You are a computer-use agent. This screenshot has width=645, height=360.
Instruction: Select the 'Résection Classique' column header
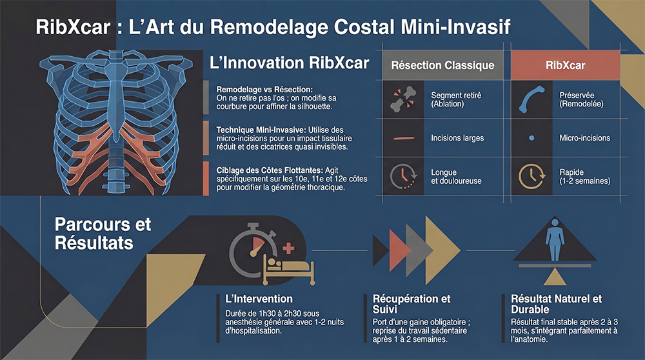tap(442, 65)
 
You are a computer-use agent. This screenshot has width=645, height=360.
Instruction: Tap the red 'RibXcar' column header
tap(565, 65)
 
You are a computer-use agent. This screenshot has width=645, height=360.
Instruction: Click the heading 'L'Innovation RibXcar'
tap(290, 63)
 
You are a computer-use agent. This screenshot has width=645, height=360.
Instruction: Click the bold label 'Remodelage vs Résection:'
tap(255, 88)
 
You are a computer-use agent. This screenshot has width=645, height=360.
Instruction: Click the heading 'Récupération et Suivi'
tap(412, 304)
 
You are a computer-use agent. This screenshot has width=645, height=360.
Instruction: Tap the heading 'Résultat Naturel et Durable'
tap(555, 304)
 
